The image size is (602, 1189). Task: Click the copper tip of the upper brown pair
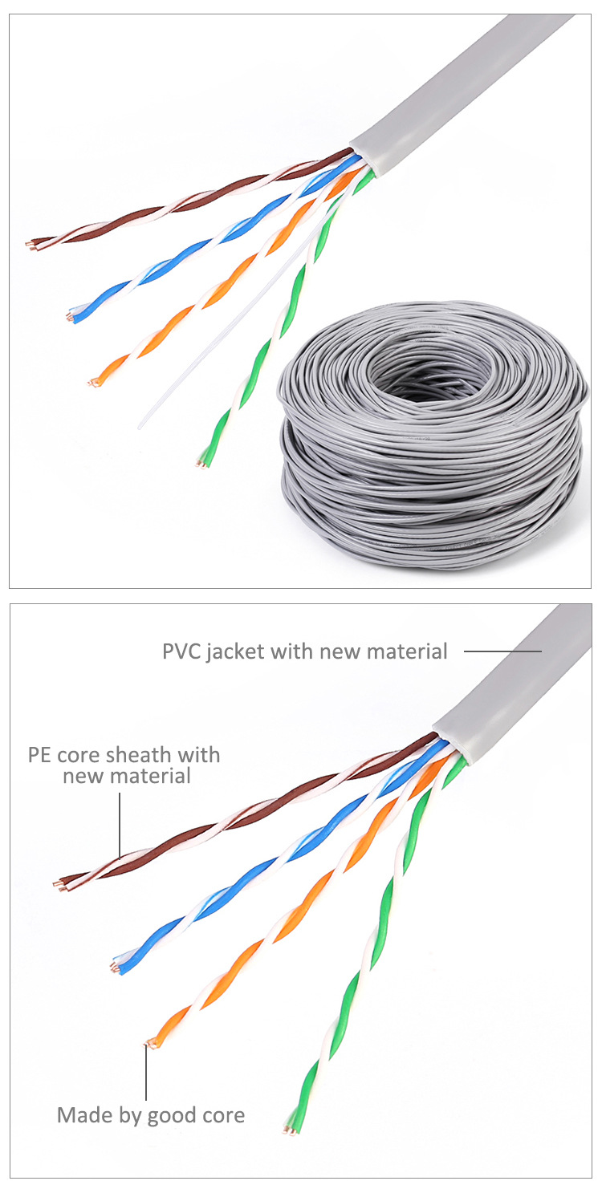(x=31, y=244)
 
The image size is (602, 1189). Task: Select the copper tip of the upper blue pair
(x=71, y=318)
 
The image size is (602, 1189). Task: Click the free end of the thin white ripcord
(x=140, y=425)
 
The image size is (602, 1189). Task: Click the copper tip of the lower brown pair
(x=57, y=887)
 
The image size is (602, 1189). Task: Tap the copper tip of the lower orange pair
(x=148, y=1044)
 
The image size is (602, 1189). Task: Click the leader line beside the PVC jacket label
(x=502, y=651)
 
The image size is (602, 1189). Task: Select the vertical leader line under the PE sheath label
(x=120, y=822)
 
